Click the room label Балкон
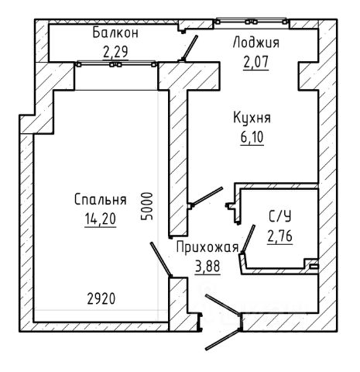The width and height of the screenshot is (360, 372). tap(115, 33)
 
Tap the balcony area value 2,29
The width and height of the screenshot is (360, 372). tap(115, 52)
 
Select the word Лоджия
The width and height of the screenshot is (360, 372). tap(256, 43)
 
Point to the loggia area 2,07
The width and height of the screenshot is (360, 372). tap(255, 62)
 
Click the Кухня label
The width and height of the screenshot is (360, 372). tap(252, 118)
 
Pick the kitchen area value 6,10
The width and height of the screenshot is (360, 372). tap(252, 137)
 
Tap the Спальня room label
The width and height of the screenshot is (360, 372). tap(101, 200)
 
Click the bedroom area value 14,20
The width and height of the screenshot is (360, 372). tap(101, 219)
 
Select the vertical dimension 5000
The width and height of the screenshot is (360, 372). tap(147, 206)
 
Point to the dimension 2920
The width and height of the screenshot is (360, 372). tap(101, 299)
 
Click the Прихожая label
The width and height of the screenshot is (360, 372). tap(207, 247)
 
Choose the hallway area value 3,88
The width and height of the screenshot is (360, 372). tap(207, 267)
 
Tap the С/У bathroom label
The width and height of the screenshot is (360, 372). tap(280, 216)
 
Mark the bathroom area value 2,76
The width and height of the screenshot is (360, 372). tap(280, 236)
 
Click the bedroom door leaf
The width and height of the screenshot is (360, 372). tap(161, 259)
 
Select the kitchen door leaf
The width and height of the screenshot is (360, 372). tap(207, 196)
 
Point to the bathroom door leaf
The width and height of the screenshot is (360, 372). tap(248, 238)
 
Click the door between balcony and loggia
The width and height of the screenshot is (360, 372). tap(190, 47)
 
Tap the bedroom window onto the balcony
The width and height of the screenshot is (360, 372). tap(116, 64)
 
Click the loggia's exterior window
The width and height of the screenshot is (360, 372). tap(252, 21)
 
